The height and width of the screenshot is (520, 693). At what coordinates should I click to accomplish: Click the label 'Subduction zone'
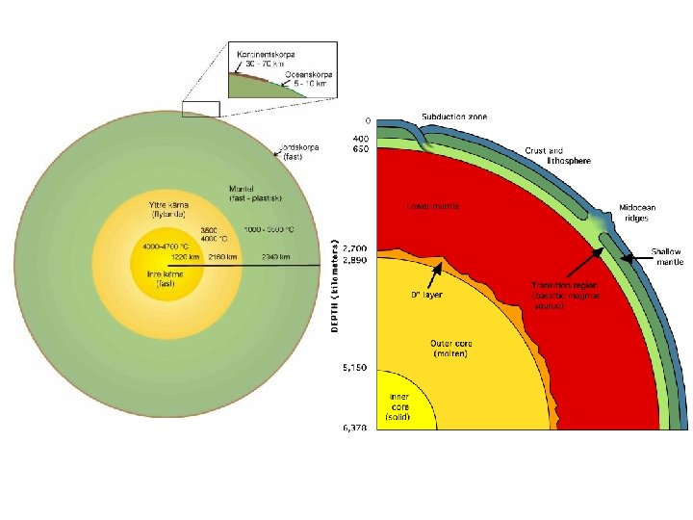[454, 117]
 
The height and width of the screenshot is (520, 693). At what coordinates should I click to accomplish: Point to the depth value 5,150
[355, 367]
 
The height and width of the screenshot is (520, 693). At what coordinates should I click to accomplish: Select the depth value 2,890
[355, 260]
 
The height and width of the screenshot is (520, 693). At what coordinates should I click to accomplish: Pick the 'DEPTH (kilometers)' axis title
[335, 287]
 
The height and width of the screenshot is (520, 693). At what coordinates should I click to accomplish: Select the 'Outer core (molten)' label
[448, 348]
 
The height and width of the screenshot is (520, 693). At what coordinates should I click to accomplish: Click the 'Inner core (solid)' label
[399, 405]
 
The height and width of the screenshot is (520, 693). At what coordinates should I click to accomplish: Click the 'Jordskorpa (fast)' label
[298, 152]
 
